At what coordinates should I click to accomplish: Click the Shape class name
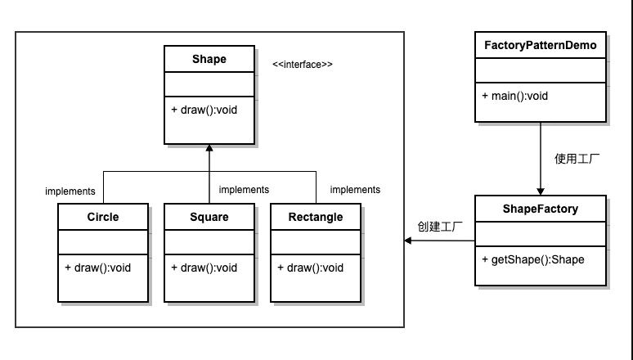209,59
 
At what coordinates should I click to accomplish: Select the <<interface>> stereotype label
303,64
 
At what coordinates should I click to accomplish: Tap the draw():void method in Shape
204,110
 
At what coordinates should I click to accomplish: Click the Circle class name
103,217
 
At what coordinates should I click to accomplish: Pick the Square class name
209,217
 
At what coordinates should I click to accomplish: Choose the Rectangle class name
316,217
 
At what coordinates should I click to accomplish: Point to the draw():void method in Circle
97,268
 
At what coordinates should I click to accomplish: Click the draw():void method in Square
204,268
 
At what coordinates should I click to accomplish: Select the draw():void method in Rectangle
310,268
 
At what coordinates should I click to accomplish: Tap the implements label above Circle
70,191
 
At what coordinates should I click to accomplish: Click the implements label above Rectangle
355,190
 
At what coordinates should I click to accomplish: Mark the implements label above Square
245,190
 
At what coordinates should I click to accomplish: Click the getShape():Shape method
532,259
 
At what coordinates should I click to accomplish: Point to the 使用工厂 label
578,158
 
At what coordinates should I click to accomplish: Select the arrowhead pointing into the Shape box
209,149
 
